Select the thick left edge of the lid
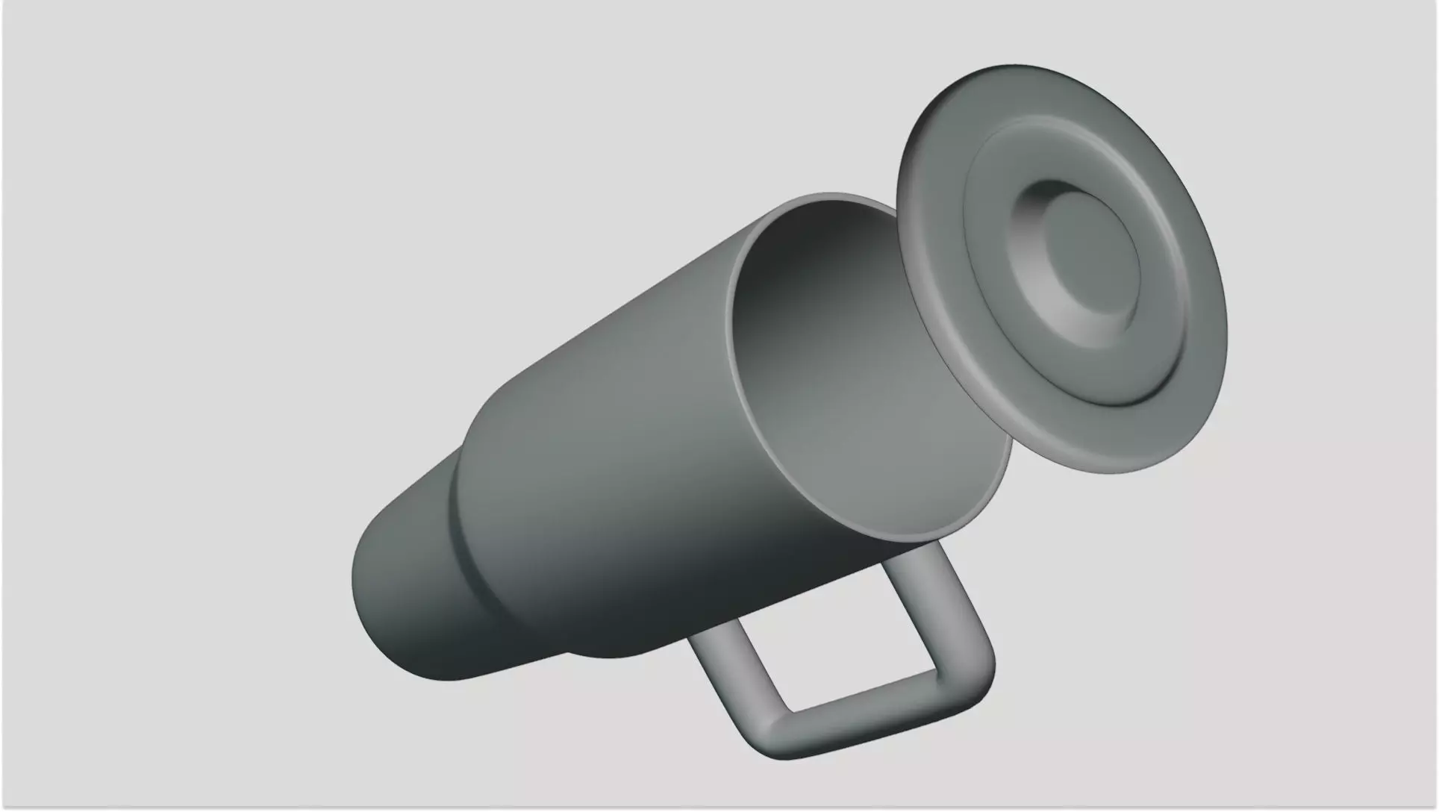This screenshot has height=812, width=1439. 915,246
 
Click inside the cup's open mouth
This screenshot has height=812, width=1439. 858,358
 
